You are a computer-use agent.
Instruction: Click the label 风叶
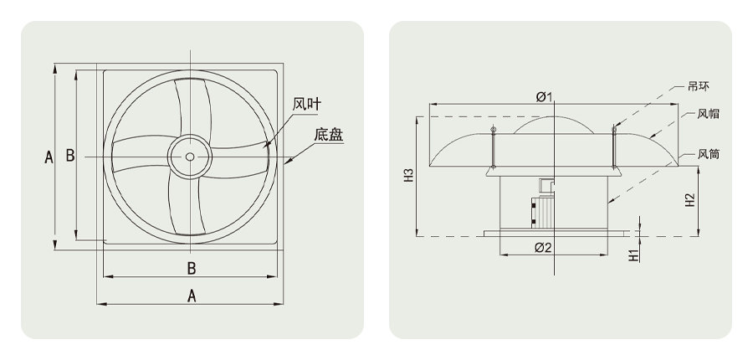pyautogui.click(x=307, y=105)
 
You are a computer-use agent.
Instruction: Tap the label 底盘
pyautogui.click(x=328, y=134)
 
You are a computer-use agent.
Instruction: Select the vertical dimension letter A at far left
pyautogui.click(x=48, y=157)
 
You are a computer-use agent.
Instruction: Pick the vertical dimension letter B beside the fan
pyautogui.click(x=70, y=156)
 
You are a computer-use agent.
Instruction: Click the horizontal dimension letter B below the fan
pyautogui.click(x=191, y=268)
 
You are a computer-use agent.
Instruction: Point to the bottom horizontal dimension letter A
pyautogui.click(x=191, y=296)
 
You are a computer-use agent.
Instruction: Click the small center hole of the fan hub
pyautogui.click(x=191, y=157)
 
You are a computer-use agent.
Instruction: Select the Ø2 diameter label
pyautogui.click(x=543, y=247)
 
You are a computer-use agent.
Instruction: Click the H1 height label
pyautogui.click(x=634, y=254)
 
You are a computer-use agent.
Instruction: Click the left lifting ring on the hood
pyautogui.click(x=494, y=129)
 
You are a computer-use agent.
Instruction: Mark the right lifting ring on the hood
pyautogui.click(x=614, y=129)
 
